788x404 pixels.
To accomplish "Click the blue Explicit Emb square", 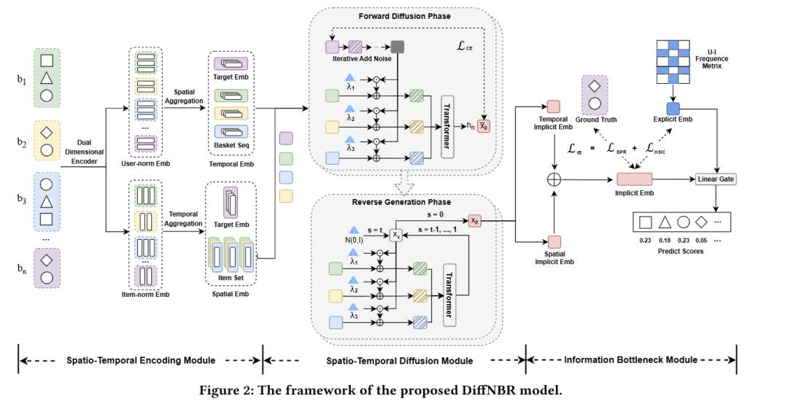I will [673, 109].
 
